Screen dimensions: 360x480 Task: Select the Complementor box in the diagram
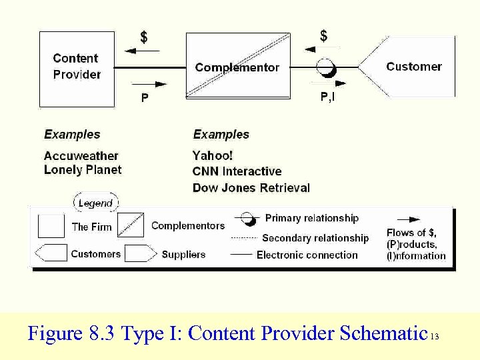coord(237,67)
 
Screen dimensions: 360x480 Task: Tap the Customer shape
coord(410,66)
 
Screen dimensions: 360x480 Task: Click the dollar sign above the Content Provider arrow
coord(144,37)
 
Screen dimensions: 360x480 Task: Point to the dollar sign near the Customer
coord(324,35)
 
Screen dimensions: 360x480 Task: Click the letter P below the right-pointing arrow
coord(145,98)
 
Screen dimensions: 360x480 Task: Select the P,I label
coord(328,97)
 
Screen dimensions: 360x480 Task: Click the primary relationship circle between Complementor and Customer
coord(325,67)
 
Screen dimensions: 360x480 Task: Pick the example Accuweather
coord(81,156)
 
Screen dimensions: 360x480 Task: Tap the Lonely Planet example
coord(83,170)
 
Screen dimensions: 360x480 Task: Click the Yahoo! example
coord(213,156)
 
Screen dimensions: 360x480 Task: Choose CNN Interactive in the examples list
coord(237,172)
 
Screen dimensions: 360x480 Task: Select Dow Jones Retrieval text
coord(251,188)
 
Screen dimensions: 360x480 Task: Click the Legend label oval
coord(95,203)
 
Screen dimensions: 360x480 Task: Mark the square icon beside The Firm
coord(51,226)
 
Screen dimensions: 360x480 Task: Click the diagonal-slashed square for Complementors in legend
coord(131,226)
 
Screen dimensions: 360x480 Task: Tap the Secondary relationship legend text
coord(315,238)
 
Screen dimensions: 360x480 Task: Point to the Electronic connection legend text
coord(307,255)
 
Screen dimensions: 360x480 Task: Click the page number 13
coord(435,337)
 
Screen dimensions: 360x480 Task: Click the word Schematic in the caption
coord(383,333)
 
